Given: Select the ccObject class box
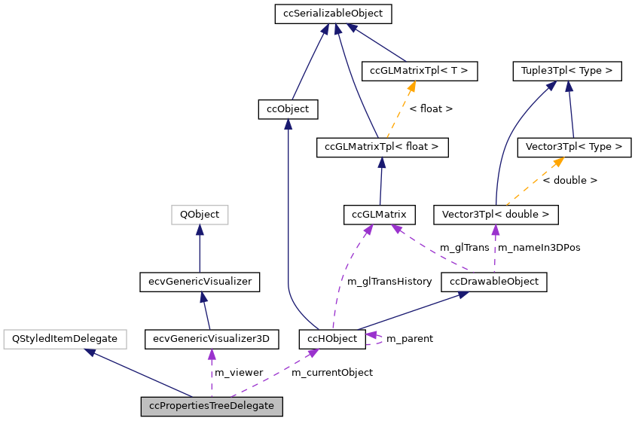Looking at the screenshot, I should click(x=288, y=109).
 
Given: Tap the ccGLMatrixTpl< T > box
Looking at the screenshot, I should click(x=419, y=72).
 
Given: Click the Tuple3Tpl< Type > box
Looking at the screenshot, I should click(x=566, y=72).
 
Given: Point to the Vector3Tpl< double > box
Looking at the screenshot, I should click(x=496, y=215).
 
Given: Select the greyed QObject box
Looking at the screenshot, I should click(x=199, y=215).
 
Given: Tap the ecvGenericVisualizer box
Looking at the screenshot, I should click(x=200, y=282).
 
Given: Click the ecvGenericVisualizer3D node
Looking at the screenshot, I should click(x=212, y=339).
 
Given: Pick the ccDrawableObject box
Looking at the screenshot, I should click(x=493, y=282).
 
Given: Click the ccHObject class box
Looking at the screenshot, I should click(x=332, y=339).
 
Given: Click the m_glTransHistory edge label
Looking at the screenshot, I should click(x=389, y=282).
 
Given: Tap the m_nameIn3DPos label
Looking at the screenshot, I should click(x=539, y=247).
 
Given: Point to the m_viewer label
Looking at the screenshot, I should click(x=239, y=372).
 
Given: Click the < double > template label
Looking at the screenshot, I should click(x=569, y=181).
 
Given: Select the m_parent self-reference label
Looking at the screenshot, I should click(x=409, y=339).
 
